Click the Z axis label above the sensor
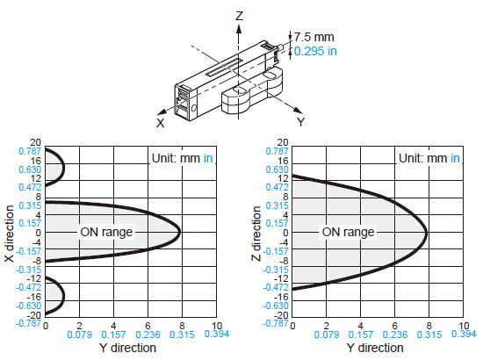coord(240,16)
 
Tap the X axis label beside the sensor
coord(161,123)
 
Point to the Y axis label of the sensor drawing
coord(300,122)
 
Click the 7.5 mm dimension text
coord(314,37)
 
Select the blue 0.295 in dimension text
coord(315,51)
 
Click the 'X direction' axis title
coord(10,234)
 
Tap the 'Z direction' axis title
coord(256,234)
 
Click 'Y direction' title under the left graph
coord(128,348)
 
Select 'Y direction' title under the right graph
coord(375,348)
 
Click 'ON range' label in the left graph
coord(106,232)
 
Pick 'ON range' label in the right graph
coord(348,232)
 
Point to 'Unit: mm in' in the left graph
coord(183,158)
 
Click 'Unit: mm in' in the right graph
coord(429,158)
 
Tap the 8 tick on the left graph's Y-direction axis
coord(182,326)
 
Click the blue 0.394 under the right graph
coord(464,334)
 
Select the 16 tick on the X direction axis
coord(35,161)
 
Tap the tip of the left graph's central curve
coord(180,232)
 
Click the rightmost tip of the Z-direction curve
coord(427,233)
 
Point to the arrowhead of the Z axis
coord(239,28)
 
